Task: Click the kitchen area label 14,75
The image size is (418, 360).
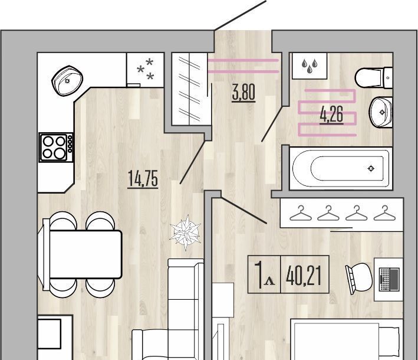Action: pyautogui.click(x=143, y=178)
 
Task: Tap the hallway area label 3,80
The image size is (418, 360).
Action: pyautogui.click(x=243, y=92)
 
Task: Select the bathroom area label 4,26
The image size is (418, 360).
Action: pyautogui.click(x=331, y=114)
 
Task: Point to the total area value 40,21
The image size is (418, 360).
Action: pyautogui.click(x=304, y=276)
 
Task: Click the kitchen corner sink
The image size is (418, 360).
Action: pyautogui.click(x=67, y=80)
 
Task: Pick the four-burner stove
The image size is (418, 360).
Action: pyautogui.click(x=56, y=148)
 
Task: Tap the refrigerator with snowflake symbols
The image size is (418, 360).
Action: pyautogui.click(x=145, y=70)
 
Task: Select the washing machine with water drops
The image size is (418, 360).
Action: pyautogui.click(x=310, y=66)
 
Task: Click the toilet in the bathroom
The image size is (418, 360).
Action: pyautogui.click(x=374, y=78)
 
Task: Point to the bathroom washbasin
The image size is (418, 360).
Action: pyautogui.click(x=381, y=112)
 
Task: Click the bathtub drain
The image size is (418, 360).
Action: pyautogui.click(x=371, y=168)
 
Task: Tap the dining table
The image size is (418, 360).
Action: pyautogui.click(x=85, y=254)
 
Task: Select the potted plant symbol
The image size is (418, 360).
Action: pyautogui.click(x=186, y=233)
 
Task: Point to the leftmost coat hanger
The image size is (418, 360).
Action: pyautogui.click(x=301, y=213)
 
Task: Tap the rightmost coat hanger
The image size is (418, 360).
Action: pyautogui.click(x=384, y=213)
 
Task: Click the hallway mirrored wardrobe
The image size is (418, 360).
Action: pyautogui.click(x=190, y=89)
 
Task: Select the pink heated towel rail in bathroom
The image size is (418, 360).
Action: pyautogui.click(x=327, y=113)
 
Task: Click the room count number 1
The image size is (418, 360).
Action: pyautogui.click(x=259, y=275)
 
